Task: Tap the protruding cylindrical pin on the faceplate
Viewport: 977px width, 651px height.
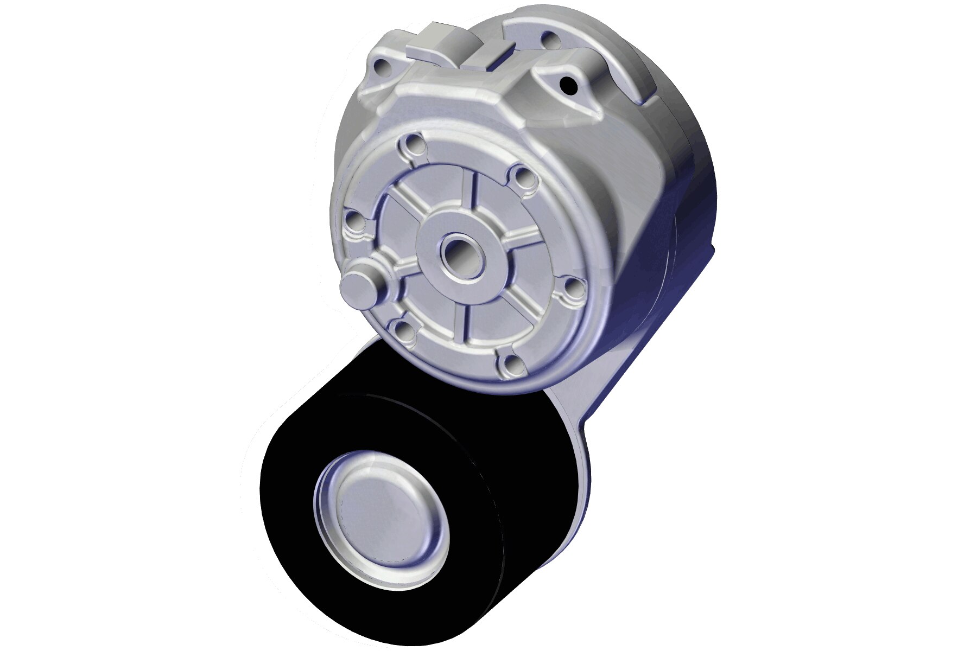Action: [x=359, y=285]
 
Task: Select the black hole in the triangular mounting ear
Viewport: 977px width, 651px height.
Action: [x=568, y=84]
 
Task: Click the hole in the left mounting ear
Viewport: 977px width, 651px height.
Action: [x=383, y=68]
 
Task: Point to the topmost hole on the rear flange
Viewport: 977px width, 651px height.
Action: [x=549, y=39]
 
